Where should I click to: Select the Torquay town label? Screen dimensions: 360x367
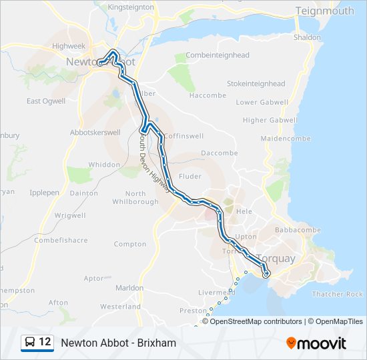click(x=276, y=258)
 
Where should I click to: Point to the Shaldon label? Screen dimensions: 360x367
click(x=307, y=38)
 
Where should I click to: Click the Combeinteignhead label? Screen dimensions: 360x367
click(x=218, y=55)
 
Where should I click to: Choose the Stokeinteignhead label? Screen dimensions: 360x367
click(x=256, y=84)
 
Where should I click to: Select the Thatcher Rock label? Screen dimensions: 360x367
click(x=338, y=294)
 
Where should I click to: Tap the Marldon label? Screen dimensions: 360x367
click(x=129, y=288)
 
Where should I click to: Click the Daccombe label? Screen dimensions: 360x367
click(x=220, y=153)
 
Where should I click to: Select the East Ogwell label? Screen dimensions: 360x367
click(x=46, y=101)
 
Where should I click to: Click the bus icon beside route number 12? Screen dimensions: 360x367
click(x=30, y=343)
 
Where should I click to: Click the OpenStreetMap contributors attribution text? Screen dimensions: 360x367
click(x=256, y=321)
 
